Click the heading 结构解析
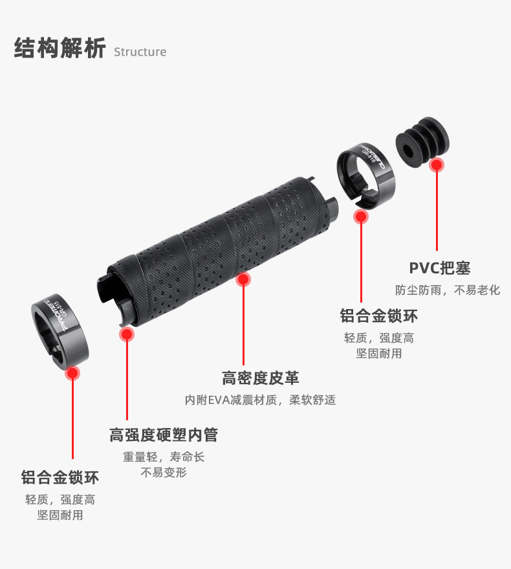point(60,49)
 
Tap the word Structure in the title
point(140,52)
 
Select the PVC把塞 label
point(440,268)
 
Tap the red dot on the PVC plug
point(437,164)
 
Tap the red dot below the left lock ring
point(72,373)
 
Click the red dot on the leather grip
point(243,279)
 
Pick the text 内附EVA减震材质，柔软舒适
point(261,400)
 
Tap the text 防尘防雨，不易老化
point(448,290)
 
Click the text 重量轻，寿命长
point(164,456)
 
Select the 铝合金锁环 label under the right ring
point(379,316)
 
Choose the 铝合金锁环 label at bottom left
point(60,477)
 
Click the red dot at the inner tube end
point(127,334)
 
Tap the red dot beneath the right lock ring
point(361,217)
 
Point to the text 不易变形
point(164,473)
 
